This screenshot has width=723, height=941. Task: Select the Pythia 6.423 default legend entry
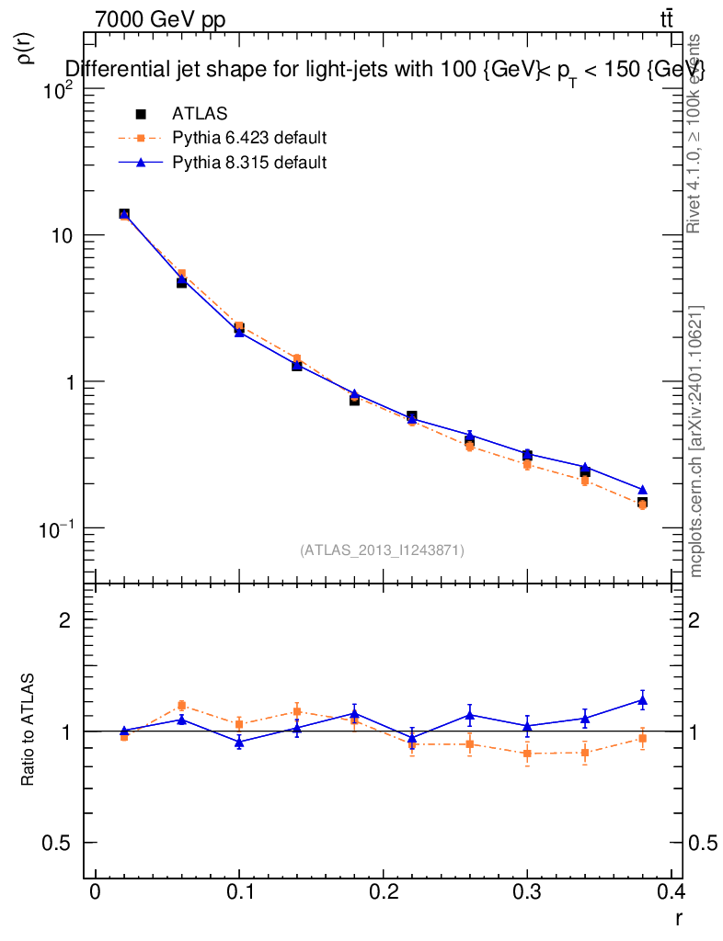point(249,139)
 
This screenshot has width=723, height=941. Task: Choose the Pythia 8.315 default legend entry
point(249,163)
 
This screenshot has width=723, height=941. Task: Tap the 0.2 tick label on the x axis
point(382,892)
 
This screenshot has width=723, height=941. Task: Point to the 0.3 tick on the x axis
point(527,892)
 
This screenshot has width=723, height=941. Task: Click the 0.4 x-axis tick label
point(670,892)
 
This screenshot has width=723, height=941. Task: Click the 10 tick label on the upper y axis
point(65,235)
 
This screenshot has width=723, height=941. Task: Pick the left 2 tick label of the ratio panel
point(65,620)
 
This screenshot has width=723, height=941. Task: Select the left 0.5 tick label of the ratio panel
point(59,844)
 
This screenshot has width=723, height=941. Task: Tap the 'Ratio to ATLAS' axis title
point(29,731)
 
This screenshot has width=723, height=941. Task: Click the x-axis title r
point(678,917)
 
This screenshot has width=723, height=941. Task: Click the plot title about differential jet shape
point(384,70)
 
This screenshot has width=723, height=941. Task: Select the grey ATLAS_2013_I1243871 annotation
point(382,550)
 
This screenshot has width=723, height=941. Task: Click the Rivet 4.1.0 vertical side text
point(695,133)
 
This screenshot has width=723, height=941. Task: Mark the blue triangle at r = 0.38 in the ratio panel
point(642,700)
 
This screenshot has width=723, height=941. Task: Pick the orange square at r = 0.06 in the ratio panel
point(182,706)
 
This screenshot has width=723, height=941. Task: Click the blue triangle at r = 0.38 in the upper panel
point(642,490)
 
